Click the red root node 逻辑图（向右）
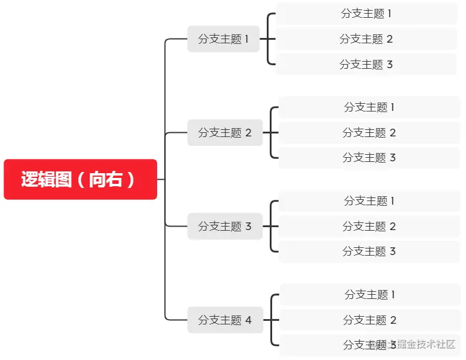pos(80,179)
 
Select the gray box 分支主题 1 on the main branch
pos(224,39)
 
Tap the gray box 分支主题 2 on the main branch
pos(225,133)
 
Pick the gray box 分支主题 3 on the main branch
pos(225,226)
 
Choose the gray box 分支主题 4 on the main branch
pos(225,320)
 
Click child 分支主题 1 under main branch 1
pos(366,14)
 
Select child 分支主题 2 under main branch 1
pos(366,39)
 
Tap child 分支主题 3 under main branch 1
pos(366,64)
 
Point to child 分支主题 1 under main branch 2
pos(369,107)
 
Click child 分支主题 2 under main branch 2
pos(369,133)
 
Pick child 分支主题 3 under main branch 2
pos(369,158)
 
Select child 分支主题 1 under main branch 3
pos(369,201)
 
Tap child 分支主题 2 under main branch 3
pos(369,226)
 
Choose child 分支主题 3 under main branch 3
pos(369,251)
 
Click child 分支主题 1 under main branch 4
pos(370,295)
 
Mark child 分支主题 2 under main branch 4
pos(370,320)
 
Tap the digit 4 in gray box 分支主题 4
pos(248,320)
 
